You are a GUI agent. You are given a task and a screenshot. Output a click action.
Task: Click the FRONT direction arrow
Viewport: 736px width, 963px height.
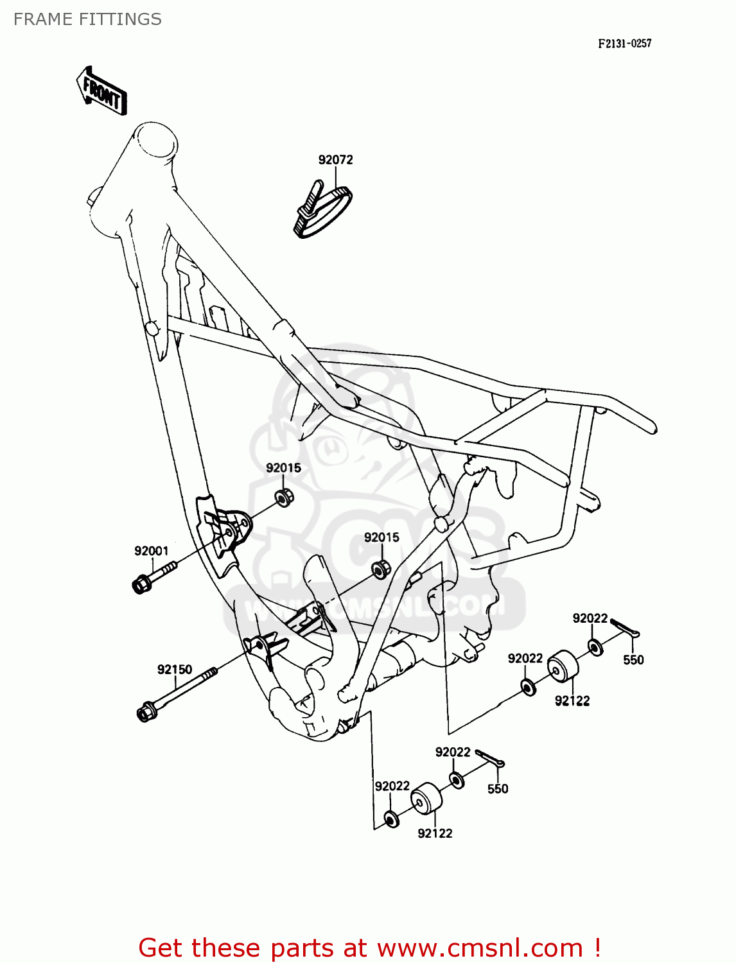coord(101,91)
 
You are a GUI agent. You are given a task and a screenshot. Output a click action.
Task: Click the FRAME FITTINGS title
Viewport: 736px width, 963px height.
coord(87,19)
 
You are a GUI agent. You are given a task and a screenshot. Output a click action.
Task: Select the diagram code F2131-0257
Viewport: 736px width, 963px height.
coord(624,44)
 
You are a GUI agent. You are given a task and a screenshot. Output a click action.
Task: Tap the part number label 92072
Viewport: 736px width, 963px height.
coord(335,160)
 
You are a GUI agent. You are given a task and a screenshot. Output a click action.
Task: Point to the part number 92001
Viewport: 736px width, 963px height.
coord(151,551)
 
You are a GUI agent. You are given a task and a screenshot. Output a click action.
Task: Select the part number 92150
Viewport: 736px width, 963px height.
coord(175,670)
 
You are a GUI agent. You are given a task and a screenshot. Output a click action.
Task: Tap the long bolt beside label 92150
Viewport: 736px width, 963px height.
coord(176,693)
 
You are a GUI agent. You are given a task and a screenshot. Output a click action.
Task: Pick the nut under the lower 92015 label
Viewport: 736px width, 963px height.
coord(381,568)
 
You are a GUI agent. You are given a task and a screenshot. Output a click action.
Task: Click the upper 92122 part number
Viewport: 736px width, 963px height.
coord(572,701)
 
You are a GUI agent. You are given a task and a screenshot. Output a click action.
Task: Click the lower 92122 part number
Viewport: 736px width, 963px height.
coord(435,833)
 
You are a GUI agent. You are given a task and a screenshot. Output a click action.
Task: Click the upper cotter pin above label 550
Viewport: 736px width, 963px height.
coord(625,627)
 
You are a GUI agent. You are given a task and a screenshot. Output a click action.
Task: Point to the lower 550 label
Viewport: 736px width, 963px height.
coord(498,789)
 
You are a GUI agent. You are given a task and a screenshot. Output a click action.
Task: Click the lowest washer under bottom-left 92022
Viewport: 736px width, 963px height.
coord(390,819)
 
